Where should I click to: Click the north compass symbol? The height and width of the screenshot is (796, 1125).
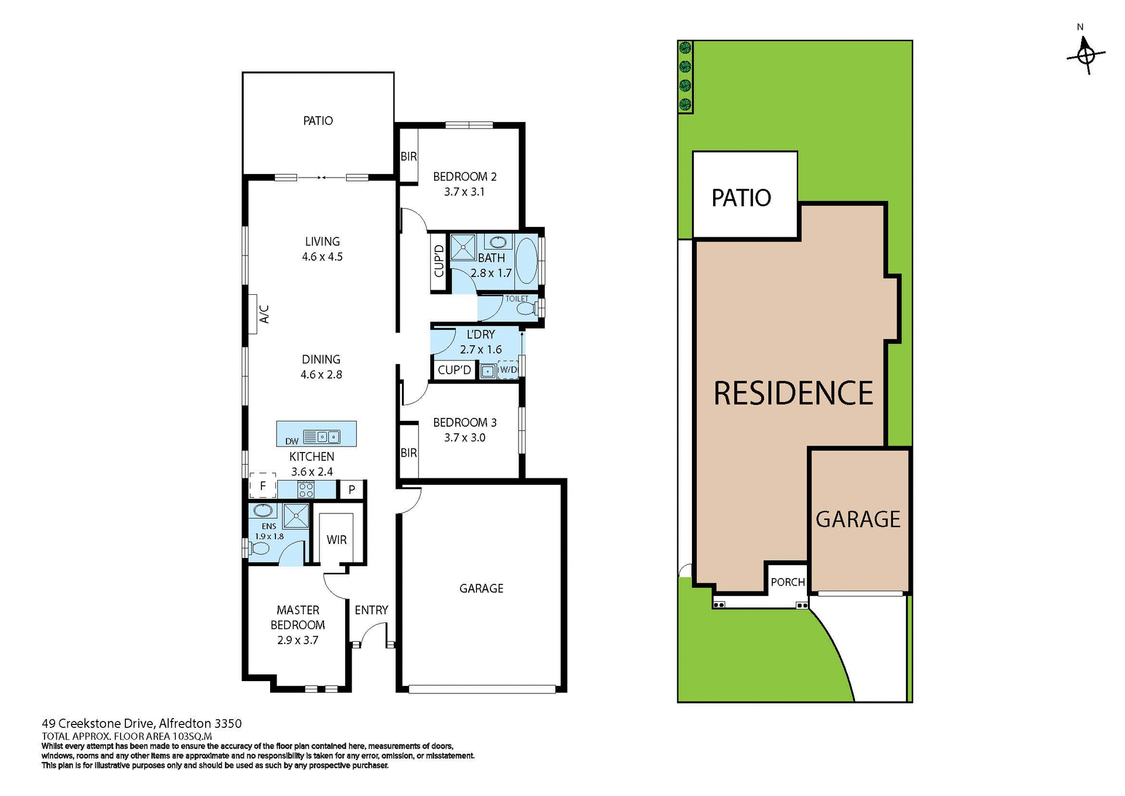coord(1086,55)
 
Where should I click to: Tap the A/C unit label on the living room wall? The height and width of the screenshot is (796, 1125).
coord(264,314)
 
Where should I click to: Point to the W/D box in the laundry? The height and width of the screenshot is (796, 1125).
coord(508,370)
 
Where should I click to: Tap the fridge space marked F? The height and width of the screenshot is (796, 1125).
coord(262,485)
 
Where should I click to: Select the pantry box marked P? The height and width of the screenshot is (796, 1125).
coord(352,489)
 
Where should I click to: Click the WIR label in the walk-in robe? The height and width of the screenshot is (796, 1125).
coord(336,540)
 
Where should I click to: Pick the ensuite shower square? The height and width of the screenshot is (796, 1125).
coord(296,516)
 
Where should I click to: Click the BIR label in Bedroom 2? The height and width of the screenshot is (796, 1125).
coord(408,157)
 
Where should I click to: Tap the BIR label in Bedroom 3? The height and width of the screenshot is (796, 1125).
coord(408,453)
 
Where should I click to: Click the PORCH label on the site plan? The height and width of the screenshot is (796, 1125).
coord(787,582)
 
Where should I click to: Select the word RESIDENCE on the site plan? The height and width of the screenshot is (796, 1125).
coord(793,393)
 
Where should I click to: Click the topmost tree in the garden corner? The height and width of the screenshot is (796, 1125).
coord(685,48)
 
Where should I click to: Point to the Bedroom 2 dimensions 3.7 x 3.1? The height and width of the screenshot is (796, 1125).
coord(464,192)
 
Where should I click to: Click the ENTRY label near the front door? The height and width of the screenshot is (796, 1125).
coord(371,610)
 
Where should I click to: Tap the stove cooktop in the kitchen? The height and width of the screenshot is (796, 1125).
coord(306,489)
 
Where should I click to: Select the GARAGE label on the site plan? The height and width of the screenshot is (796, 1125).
coord(858,519)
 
